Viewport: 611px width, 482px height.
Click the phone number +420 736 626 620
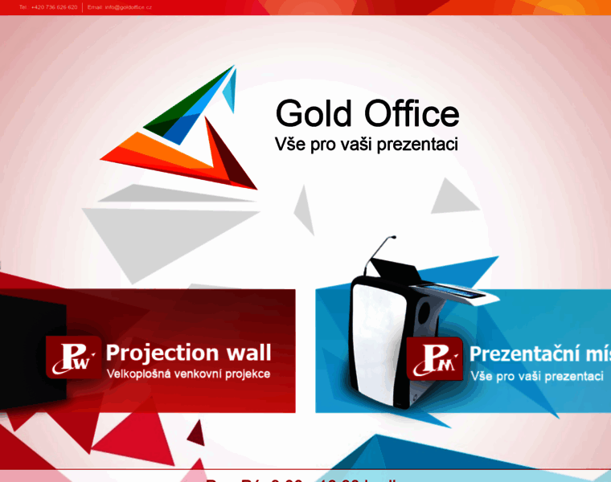(55, 6)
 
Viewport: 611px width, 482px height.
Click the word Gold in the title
(314, 113)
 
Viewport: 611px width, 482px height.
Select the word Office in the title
(412, 113)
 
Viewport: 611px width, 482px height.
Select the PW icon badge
(73, 357)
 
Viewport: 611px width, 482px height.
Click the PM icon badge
(434, 358)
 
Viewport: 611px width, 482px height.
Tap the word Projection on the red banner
(162, 353)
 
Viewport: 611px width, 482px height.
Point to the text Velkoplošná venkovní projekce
(188, 374)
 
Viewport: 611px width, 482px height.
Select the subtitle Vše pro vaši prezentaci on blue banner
(536, 376)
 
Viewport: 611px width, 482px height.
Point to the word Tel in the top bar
(23, 6)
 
